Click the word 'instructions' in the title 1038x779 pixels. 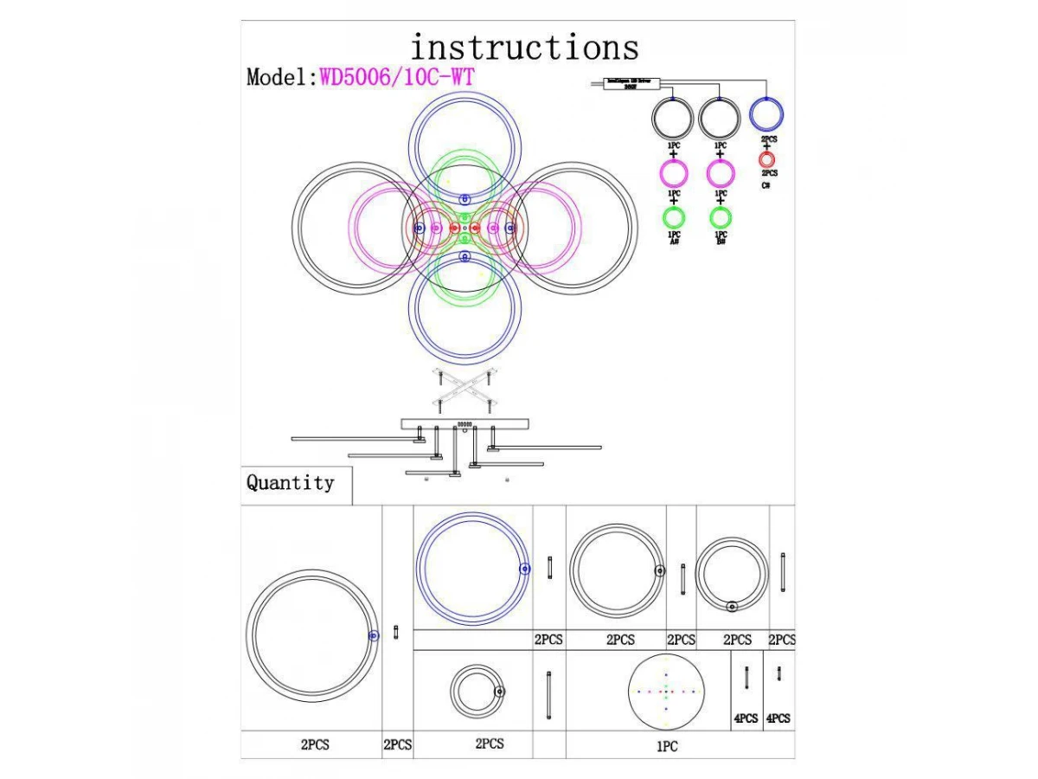(524, 47)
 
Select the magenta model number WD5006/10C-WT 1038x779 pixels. (397, 77)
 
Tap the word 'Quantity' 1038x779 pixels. (290, 483)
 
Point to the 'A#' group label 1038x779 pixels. (674, 242)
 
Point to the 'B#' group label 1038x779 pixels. (721, 242)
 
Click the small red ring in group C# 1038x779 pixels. (767, 160)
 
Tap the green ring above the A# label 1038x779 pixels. (674, 217)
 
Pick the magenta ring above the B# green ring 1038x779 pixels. (721, 173)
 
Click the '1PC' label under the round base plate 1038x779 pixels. (666, 746)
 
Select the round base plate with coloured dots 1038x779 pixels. (667, 692)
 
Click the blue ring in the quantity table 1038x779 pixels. (472, 569)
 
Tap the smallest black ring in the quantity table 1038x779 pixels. (475, 692)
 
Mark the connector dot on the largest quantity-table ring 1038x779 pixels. (373, 635)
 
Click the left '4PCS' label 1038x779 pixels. (746, 718)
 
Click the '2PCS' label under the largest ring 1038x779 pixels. (315, 744)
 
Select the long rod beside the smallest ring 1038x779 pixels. (548, 696)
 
